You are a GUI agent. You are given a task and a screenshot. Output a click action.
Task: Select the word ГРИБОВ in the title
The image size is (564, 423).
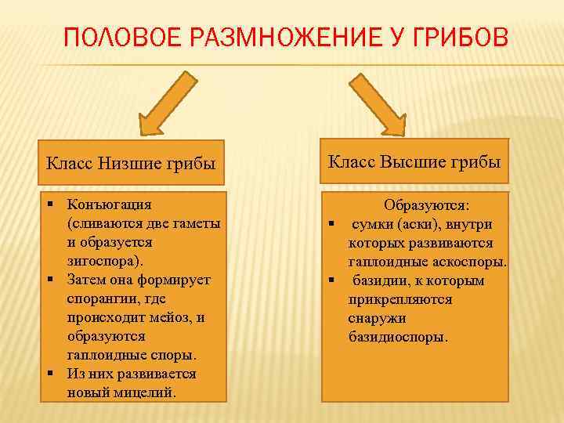(461, 38)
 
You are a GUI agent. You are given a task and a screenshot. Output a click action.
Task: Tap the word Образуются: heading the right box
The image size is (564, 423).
(427, 205)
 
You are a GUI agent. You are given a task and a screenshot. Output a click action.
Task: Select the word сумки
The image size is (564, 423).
(373, 224)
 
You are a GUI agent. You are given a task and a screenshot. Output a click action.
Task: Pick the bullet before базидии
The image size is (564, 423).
(332, 280)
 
